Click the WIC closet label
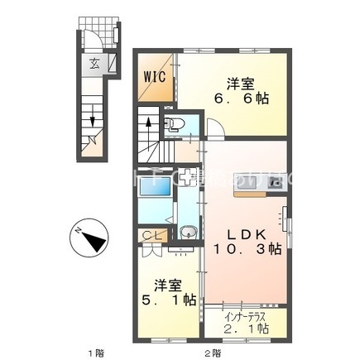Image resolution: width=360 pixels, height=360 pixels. pyautogui.click(x=156, y=77)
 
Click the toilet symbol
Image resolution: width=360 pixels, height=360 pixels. pyautogui.click(x=175, y=126)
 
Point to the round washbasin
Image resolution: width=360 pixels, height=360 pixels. pyautogui.click(x=188, y=233)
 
